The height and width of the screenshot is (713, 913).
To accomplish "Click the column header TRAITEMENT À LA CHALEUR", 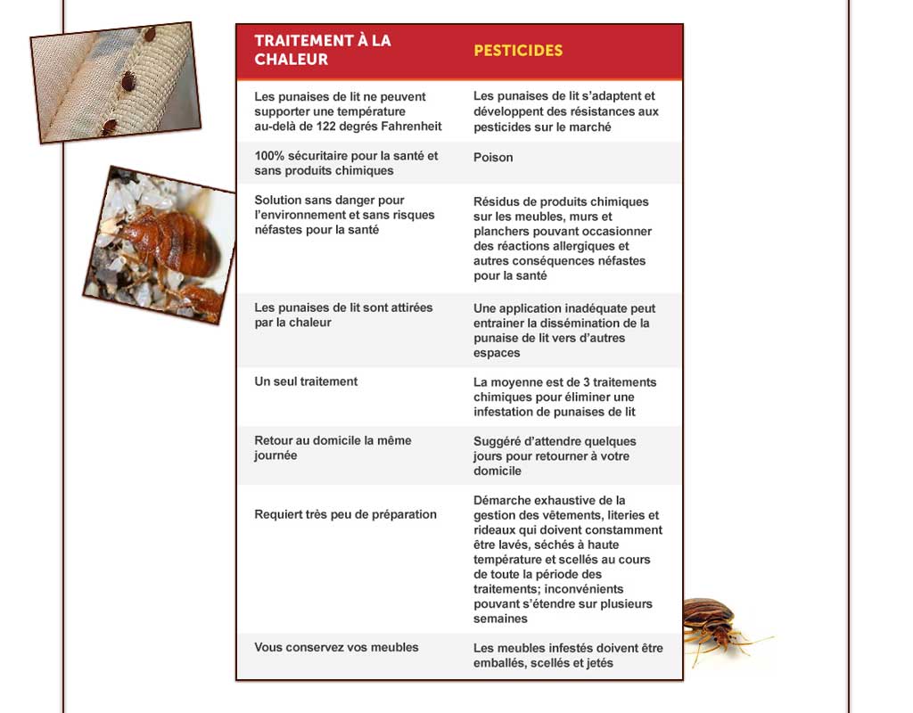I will click(322, 50).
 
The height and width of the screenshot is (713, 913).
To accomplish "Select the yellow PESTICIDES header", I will click(518, 51).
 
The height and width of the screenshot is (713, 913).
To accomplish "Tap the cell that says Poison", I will click(493, 158).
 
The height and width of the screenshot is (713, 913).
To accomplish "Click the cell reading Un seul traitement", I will click(306, 381).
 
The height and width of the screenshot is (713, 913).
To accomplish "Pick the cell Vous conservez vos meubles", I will click(336, 647).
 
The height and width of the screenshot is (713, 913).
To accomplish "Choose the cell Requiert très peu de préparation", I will click(345, 514).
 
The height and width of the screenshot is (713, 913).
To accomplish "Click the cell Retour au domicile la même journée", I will click(333, 447).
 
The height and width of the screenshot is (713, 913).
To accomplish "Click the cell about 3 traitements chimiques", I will click(564, 397).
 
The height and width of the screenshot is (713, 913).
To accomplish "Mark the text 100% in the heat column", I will click(268, 156).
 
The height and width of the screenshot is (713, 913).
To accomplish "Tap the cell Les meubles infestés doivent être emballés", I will click(568, 655).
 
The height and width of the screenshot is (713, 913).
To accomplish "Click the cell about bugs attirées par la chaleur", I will click(343, 315).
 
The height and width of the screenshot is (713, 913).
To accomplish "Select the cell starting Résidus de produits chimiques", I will click(562, 238).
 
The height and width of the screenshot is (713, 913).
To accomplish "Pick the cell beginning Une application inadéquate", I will click(563, 330).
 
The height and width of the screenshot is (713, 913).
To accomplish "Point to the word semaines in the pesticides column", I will click(500, 619).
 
